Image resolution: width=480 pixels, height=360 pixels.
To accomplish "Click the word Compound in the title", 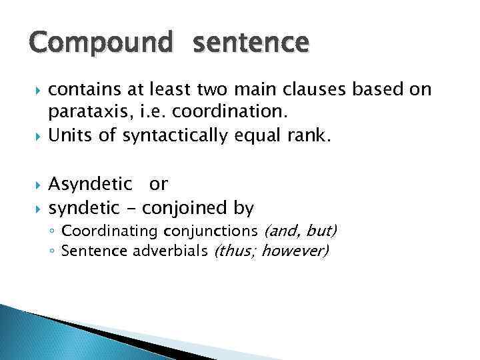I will [101, 45].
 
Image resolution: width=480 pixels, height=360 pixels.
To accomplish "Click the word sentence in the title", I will [251, 45].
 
